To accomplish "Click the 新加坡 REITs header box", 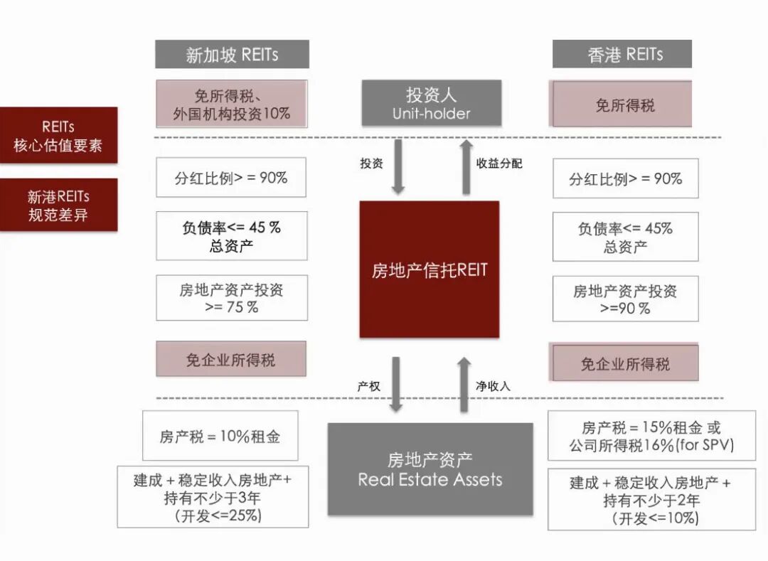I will click(x=232, y=54).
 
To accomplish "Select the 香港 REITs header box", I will click(x=622, y=54).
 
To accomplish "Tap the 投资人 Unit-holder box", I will click(x=431, y=103).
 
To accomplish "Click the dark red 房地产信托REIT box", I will click(x=430, y=269).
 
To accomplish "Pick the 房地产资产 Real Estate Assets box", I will click(x=430, y=469).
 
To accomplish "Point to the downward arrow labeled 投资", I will click(x=398, y=166).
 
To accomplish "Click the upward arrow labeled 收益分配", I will click(x=466, y=166).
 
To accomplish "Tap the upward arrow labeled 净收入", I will click(x=464, y=384).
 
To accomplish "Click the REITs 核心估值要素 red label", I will click(x=58, y=135).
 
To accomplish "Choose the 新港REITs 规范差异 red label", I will click(x=58, y=205).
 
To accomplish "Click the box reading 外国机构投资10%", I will click(x=232, y=104).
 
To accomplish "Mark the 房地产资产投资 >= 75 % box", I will click(x=232, y=298).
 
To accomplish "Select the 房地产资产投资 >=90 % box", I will click(x=625, y=299).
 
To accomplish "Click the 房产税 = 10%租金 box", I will click(x=220, y=436).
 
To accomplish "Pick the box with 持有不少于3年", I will click(x=213, y=497).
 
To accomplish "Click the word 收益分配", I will click(x=499, y=163).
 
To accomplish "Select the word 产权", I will click(x=368, y=386).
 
